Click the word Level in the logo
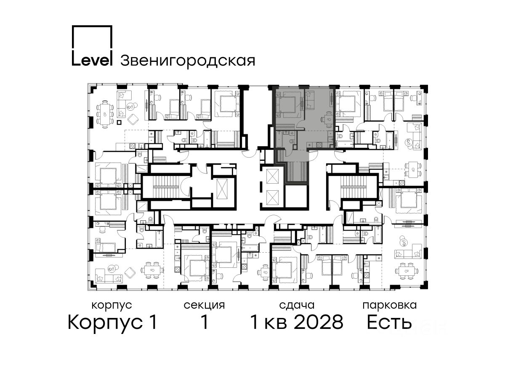point(92,60)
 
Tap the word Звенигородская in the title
point(188,61)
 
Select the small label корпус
point(112,306)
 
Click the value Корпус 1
point(112,322)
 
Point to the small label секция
point(204,305)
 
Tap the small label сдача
point(297,305)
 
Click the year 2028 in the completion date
point(319,322)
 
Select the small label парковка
point(390,306)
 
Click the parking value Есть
point(389,322)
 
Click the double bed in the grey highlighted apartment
point(287,104)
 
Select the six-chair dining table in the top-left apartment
point(105,114)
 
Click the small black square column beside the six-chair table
point(119,122)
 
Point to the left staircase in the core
point(165,188)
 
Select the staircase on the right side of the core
point(353,189)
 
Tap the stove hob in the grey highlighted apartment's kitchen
point(319,145)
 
